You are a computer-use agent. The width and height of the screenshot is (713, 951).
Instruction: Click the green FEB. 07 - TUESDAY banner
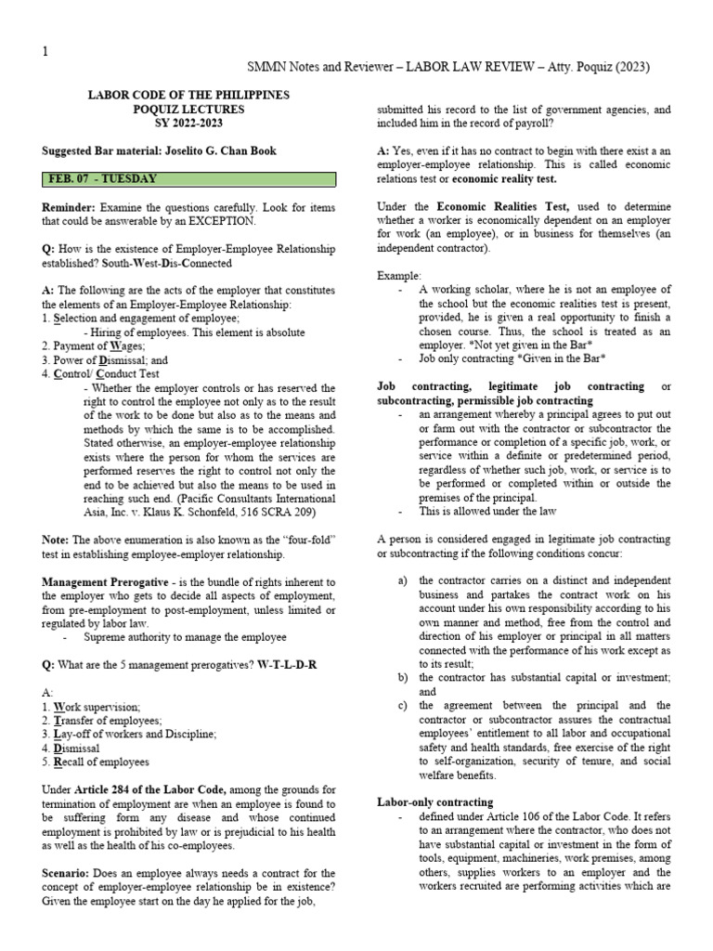tap(188, 178)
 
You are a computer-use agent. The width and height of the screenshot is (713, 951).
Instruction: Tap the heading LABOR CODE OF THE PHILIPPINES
tap(188, 95)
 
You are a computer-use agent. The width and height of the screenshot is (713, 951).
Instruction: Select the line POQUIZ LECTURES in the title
tap(188, 109)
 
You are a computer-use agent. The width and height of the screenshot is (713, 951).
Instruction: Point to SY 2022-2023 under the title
tap(188, 123)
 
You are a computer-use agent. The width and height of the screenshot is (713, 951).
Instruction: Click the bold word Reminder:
tap(69, 207)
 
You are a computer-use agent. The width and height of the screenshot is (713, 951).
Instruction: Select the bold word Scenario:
tap(69, 873)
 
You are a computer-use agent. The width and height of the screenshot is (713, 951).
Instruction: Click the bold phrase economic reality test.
tap(505, 178)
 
